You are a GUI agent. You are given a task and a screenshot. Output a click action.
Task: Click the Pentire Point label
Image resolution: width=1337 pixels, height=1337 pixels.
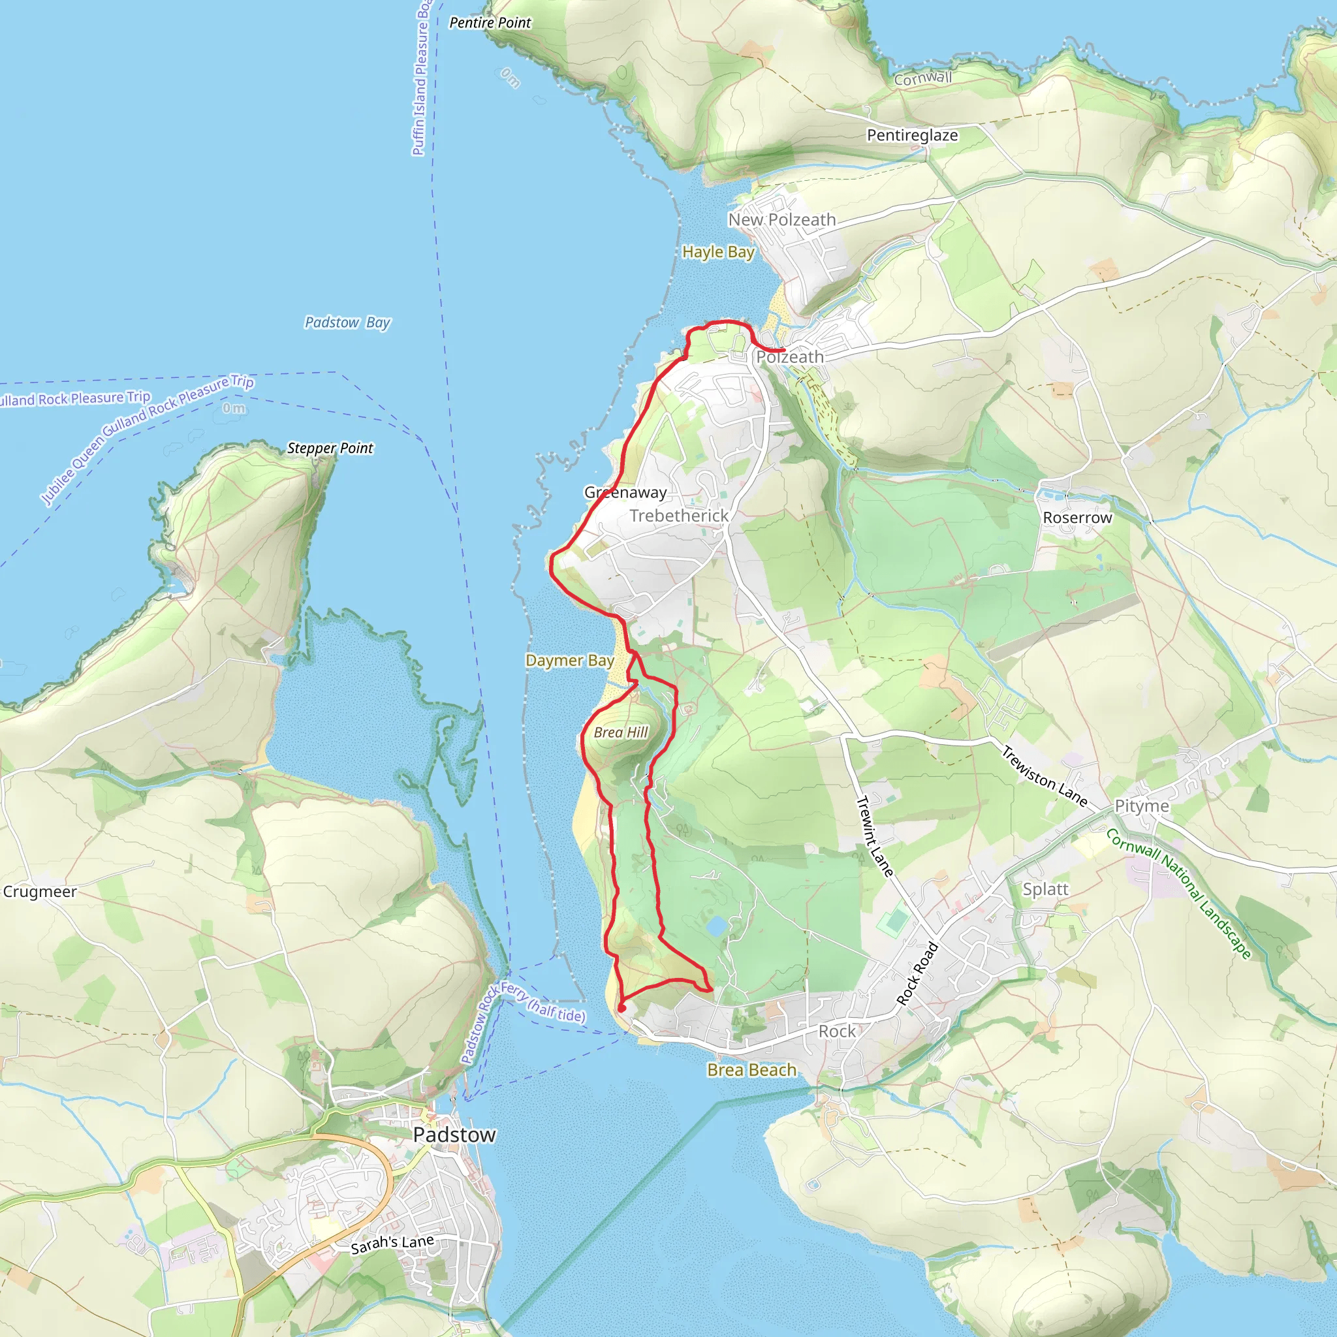490,23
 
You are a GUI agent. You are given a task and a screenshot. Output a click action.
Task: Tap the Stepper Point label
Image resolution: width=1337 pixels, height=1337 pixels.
330,448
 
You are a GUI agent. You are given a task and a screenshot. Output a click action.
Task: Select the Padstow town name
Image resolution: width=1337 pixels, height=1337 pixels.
454,1135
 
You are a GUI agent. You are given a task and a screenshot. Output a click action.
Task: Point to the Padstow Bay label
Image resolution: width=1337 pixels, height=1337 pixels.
347,322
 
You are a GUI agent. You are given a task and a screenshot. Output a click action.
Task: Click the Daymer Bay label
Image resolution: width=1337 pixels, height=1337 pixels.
569,660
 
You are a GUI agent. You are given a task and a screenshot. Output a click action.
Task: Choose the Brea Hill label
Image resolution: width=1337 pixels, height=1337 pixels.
621,732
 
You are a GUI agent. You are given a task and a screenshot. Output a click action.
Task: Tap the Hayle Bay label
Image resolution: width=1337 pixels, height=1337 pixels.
717,252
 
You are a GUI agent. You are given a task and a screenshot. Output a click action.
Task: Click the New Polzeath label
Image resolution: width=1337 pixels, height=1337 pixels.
782,219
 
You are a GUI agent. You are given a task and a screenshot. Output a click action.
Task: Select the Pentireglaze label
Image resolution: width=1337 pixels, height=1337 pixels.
912,135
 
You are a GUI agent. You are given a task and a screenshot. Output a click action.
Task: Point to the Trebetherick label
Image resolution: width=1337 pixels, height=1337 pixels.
679,516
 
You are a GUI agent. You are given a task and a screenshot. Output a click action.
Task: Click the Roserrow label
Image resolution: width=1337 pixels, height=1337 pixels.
1077,518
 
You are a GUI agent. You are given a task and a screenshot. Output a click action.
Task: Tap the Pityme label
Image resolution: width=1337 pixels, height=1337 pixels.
1142,806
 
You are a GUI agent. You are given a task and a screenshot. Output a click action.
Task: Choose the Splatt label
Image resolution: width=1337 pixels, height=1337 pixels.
1045,889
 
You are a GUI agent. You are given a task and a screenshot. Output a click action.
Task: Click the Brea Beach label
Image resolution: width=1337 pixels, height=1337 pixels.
751,1070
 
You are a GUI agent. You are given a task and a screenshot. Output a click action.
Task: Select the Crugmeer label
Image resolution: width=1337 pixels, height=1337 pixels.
39,891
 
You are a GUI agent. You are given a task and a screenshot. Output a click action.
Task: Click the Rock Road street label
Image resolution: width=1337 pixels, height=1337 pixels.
918,973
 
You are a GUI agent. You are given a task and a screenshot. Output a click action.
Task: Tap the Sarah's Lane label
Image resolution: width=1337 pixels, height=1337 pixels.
392,1244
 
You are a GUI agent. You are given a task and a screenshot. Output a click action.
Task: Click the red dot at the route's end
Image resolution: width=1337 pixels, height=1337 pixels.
622,1008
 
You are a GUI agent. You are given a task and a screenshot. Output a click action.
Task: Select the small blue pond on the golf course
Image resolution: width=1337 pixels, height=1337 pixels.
717,925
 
